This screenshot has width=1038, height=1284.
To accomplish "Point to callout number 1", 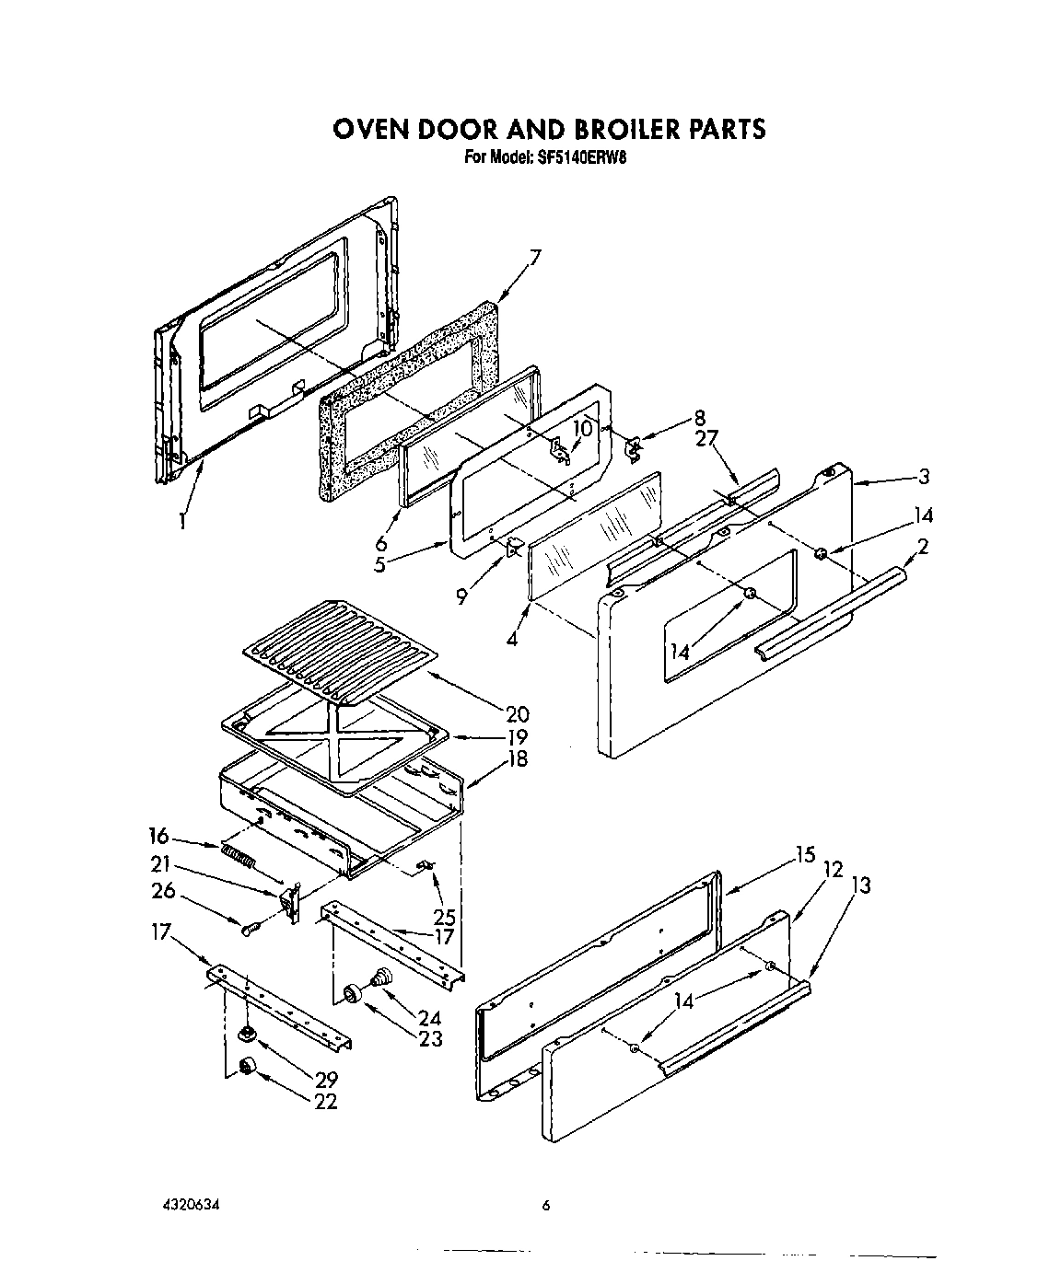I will point(182,521).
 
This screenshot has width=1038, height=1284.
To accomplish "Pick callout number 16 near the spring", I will point(158,836).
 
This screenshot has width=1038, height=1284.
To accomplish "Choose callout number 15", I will point(805,855).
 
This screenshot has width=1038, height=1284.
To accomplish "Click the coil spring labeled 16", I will point(237,855).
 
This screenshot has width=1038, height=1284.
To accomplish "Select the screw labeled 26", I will point(250,930).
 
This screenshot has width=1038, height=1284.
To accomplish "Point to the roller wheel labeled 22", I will point(247,1066).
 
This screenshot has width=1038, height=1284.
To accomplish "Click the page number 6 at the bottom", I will point(545,1205).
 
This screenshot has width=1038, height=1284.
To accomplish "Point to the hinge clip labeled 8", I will point(634,448).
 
